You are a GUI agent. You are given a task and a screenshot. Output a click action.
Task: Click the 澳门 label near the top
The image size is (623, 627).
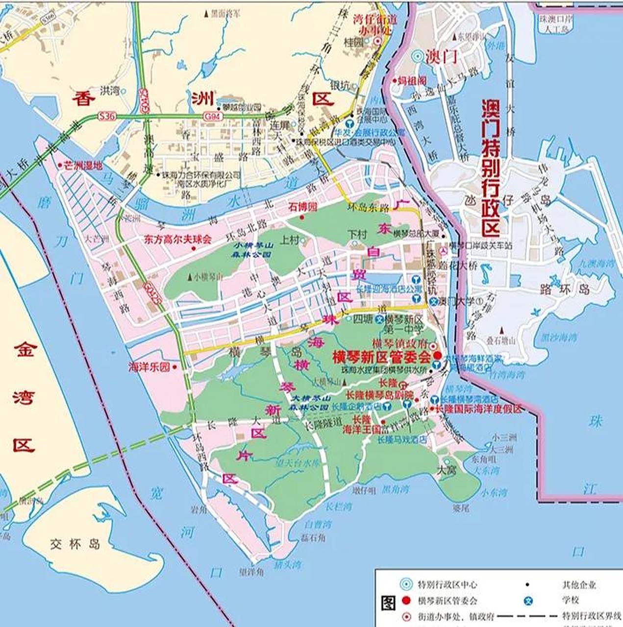(x=441, y=56)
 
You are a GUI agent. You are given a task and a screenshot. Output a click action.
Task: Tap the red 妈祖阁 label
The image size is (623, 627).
(x=412, y=80)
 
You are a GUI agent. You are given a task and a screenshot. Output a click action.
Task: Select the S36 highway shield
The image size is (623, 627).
(x=107, y=117)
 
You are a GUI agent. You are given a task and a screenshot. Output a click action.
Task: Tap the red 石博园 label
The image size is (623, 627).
(x=302, y=207)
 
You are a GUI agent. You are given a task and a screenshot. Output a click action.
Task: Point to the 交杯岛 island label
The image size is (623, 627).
(x=75, y=544)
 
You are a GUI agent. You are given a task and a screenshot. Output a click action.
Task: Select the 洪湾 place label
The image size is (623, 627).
(x=110, y=91)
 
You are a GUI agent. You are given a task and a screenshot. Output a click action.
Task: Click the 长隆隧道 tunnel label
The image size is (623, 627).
(x=324, y=426)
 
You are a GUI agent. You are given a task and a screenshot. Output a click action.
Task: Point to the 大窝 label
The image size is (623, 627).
(x=447, y=471)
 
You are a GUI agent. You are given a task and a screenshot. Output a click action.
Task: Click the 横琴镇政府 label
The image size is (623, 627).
(x=400, y=343)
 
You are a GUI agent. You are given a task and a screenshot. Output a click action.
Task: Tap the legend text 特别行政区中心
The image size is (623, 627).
(x=447, y=584)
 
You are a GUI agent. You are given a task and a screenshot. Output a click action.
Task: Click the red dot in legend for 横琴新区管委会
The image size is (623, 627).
(x=405, y=600)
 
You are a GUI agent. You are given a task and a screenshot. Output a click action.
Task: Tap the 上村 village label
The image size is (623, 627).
(x=289, y=240)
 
